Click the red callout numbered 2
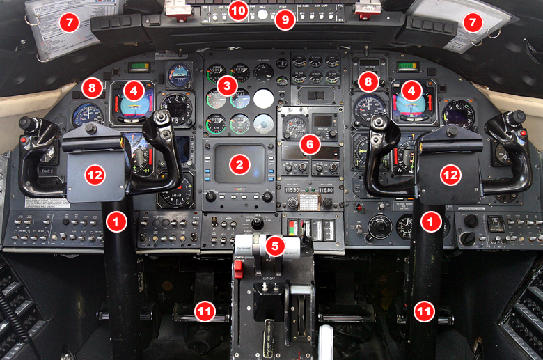click(x=239, y=164)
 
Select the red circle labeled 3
click(x=226, y=86)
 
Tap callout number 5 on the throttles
click(x=276, y=246)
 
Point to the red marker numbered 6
click(x=310, y=144)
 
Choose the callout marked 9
click(x=284, y=21)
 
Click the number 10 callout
click(x=239, y=11)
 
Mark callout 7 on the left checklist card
click(x=69, y=22)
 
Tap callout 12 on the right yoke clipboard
click(x=446, y=174)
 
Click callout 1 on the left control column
click(x=116, y=221)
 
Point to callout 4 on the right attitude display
click(x=411, y=90)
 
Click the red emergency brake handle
click(x=237, y=268)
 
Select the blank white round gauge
click(x=263, y=98)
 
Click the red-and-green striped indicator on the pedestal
click(x=292, y=228)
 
